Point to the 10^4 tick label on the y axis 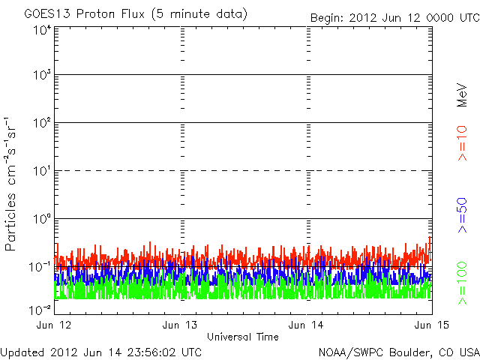[41, 31]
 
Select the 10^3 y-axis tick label [41, 75]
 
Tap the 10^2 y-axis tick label [41, 123]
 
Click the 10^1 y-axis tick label [41, 171]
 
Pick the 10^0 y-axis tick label [41, 219]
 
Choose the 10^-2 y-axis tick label [40, 308]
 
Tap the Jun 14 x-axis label [306, 325]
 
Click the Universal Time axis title [243, 337]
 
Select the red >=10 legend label [463, 142]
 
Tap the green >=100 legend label [463, 282]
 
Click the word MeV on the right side [463, 94]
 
